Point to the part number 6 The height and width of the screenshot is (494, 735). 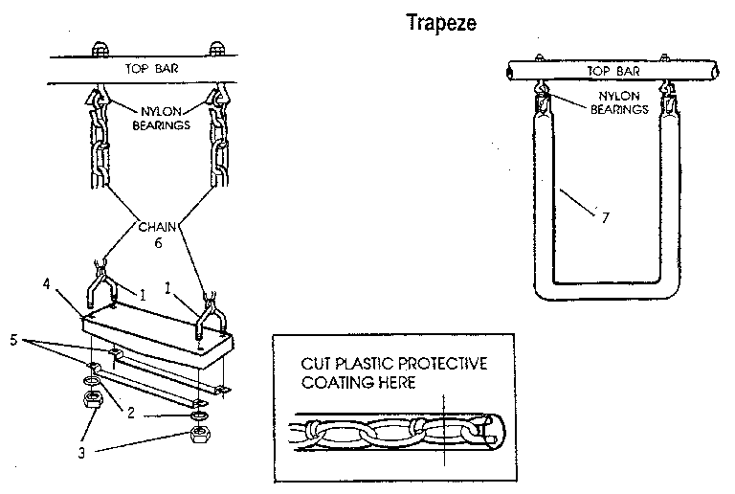point(159,245)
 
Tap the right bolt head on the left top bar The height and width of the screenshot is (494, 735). point(216,50)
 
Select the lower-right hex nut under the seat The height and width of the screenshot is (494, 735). point(200,437)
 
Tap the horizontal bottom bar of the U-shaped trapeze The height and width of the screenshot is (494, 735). point(601,289)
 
